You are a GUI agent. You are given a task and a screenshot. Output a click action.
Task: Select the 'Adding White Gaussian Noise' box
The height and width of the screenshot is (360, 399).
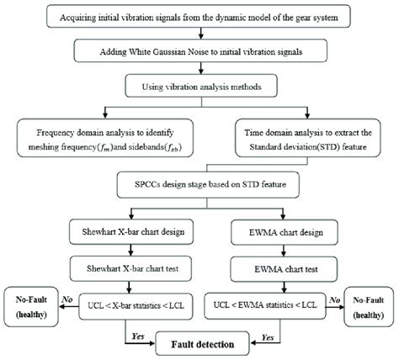click(200, 51)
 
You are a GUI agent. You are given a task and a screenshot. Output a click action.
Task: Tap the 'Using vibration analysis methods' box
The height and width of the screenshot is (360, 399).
click(200, 84)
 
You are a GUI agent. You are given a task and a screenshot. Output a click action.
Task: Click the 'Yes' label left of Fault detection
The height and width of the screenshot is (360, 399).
click(134, 334)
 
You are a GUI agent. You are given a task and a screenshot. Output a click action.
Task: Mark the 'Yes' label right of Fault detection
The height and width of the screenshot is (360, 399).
click(268, 334)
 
